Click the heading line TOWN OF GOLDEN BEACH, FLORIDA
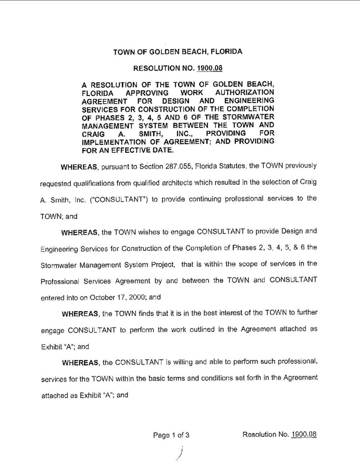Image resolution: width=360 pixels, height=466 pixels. tap(177, 52)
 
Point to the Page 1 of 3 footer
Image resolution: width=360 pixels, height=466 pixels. tap(171, 435)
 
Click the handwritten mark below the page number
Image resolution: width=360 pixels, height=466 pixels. tap(180, 453)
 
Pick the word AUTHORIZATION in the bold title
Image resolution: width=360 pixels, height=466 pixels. tap(247, 93)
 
